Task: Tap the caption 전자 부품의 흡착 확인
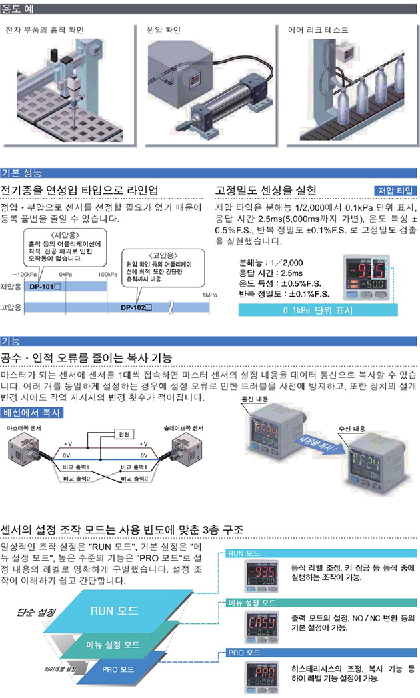(44, 31)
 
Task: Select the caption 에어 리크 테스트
(318, 31)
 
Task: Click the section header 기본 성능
(21, 174)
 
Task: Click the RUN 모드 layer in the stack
(113, 610)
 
